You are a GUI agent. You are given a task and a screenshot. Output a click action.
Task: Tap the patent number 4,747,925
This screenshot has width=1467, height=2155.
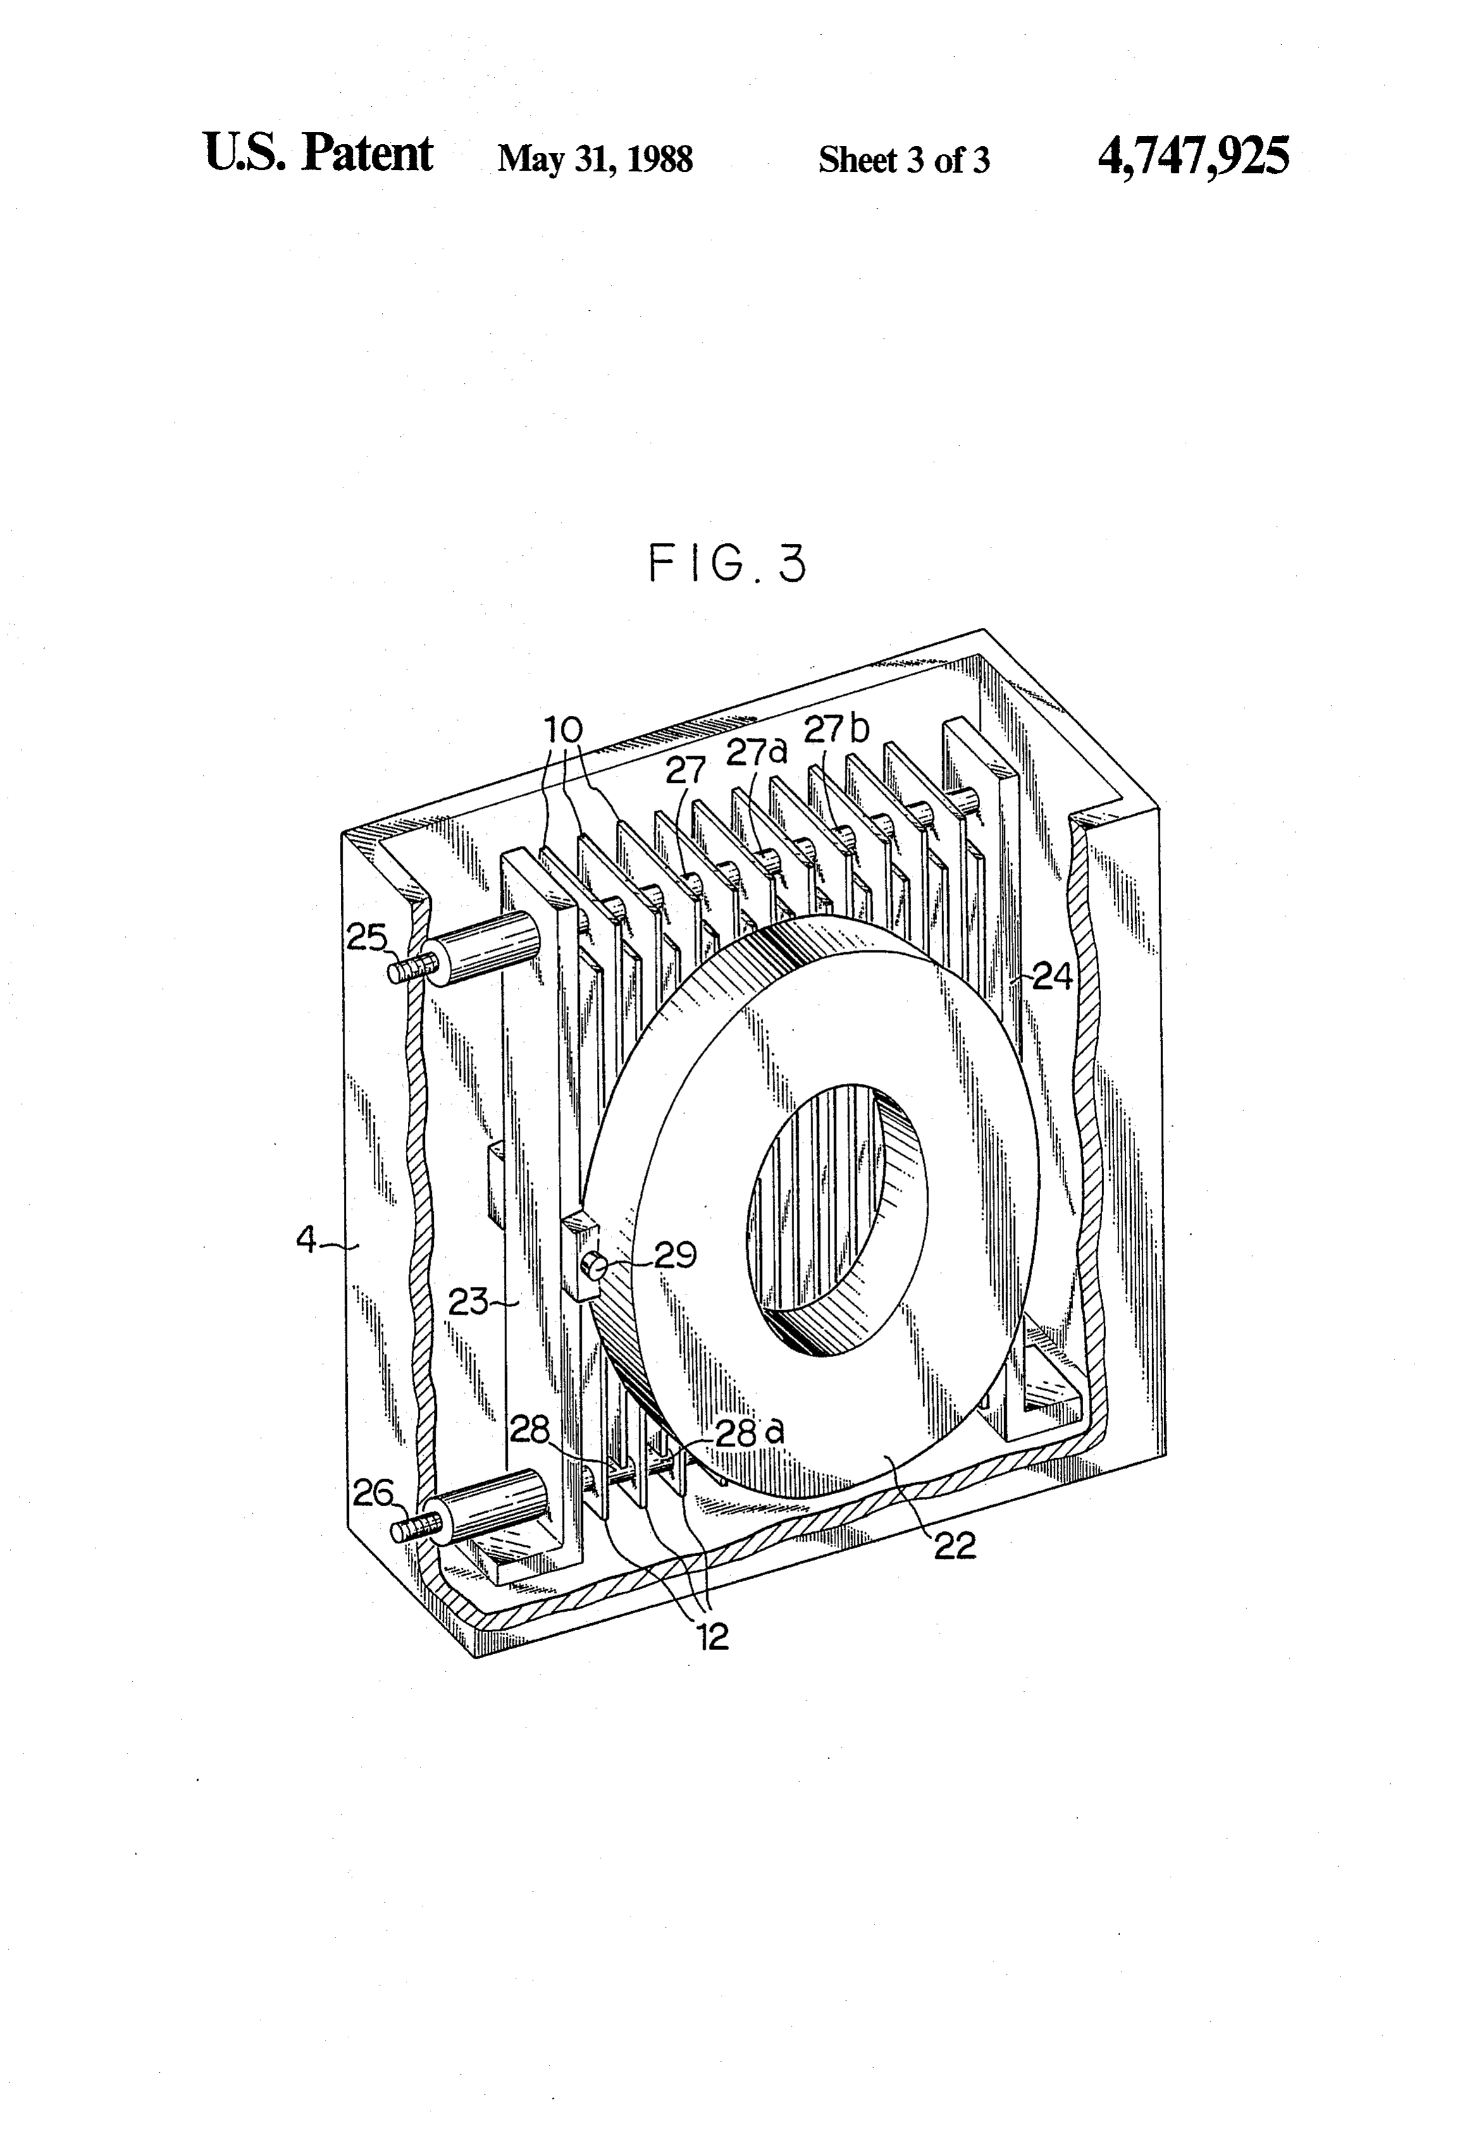pyautogui.click(x=1193, y=156)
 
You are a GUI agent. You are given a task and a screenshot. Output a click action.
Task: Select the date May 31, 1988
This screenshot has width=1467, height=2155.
pyautogui.click(x=595, y=159)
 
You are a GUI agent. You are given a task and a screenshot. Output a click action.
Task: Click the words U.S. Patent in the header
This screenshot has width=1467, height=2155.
pyautogui.click(x=318, y=153)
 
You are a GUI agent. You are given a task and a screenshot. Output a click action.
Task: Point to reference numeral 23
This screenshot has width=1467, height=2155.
pyautogui.click(x=469, y=1302)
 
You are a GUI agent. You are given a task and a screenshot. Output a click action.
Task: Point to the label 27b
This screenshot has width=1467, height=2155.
pyautogui.click(x=837, y=730)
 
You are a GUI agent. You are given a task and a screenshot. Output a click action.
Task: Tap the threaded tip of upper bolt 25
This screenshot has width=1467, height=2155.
pyautogui.click(x=406, y=971)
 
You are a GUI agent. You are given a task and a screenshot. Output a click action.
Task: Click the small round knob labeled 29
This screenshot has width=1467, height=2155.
pyautogui.click(x=592, y=1264)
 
